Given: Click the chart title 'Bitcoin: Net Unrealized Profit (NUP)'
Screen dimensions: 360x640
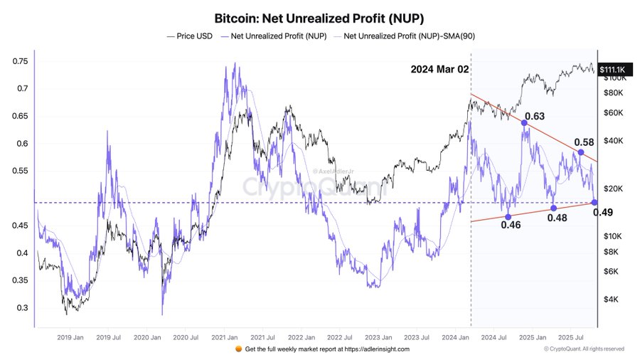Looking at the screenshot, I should pyautogui.click(x=319, y=16).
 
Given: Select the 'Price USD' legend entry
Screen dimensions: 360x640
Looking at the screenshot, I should pyautogui.click(x=191, y=35).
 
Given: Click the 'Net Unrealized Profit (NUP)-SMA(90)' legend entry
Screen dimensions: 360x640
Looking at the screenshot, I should pyautogui.click(x=410, y=35).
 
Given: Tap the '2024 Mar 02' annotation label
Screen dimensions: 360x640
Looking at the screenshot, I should pyautogui.click(x=439, y=70).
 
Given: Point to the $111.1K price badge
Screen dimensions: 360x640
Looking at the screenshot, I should pyautogui.click(x=612, y=69).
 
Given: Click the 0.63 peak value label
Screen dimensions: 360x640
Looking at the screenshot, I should pyautogui.click(x=534, y=116).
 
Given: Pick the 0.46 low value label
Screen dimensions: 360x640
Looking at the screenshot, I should pyautogui.click(x=511, y=225).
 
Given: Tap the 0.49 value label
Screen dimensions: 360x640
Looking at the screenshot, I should pyautogui.click(x=603, y=212).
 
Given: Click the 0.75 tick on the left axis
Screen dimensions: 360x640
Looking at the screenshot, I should pyautogui.click(x=21, y=61).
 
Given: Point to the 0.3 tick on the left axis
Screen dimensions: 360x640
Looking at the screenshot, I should pyautogui.click(x=23, y=308).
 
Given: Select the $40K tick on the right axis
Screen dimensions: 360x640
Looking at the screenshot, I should pyautogui.click(x=614, y=141).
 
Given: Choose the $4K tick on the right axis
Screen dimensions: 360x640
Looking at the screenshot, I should pyautogui.click(x=612, y=299).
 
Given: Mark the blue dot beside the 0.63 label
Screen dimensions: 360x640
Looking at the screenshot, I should pyautogui.click(x=524, y=123).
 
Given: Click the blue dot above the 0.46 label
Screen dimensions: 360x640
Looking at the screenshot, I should pyautogui.click(x=507, y=216).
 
